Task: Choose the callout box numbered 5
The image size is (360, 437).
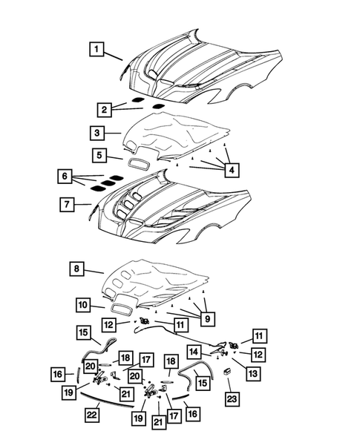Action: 98,156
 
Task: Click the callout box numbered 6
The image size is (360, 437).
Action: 68,177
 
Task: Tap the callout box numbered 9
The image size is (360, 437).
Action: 208,319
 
